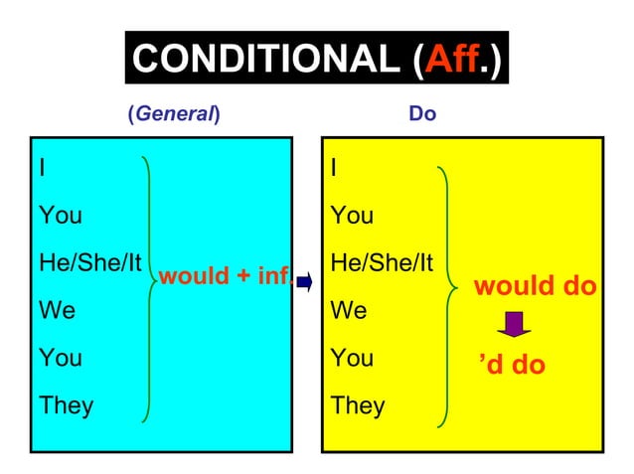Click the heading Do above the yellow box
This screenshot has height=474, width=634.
pos(422,113)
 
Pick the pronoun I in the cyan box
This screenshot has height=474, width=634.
pos(41,167)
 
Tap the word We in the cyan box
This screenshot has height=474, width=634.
pos(56,310)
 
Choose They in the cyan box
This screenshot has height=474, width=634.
pos(66,404)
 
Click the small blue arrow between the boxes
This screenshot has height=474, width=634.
pos(305,282)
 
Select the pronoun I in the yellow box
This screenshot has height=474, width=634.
pos(334,167)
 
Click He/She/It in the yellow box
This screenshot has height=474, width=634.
pos(383,262)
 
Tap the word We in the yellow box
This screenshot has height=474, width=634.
pos(349,310)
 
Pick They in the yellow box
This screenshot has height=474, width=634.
pos(359,404)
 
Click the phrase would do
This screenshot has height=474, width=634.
pos(535,287)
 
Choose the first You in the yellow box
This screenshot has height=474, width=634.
pos(353,215)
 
